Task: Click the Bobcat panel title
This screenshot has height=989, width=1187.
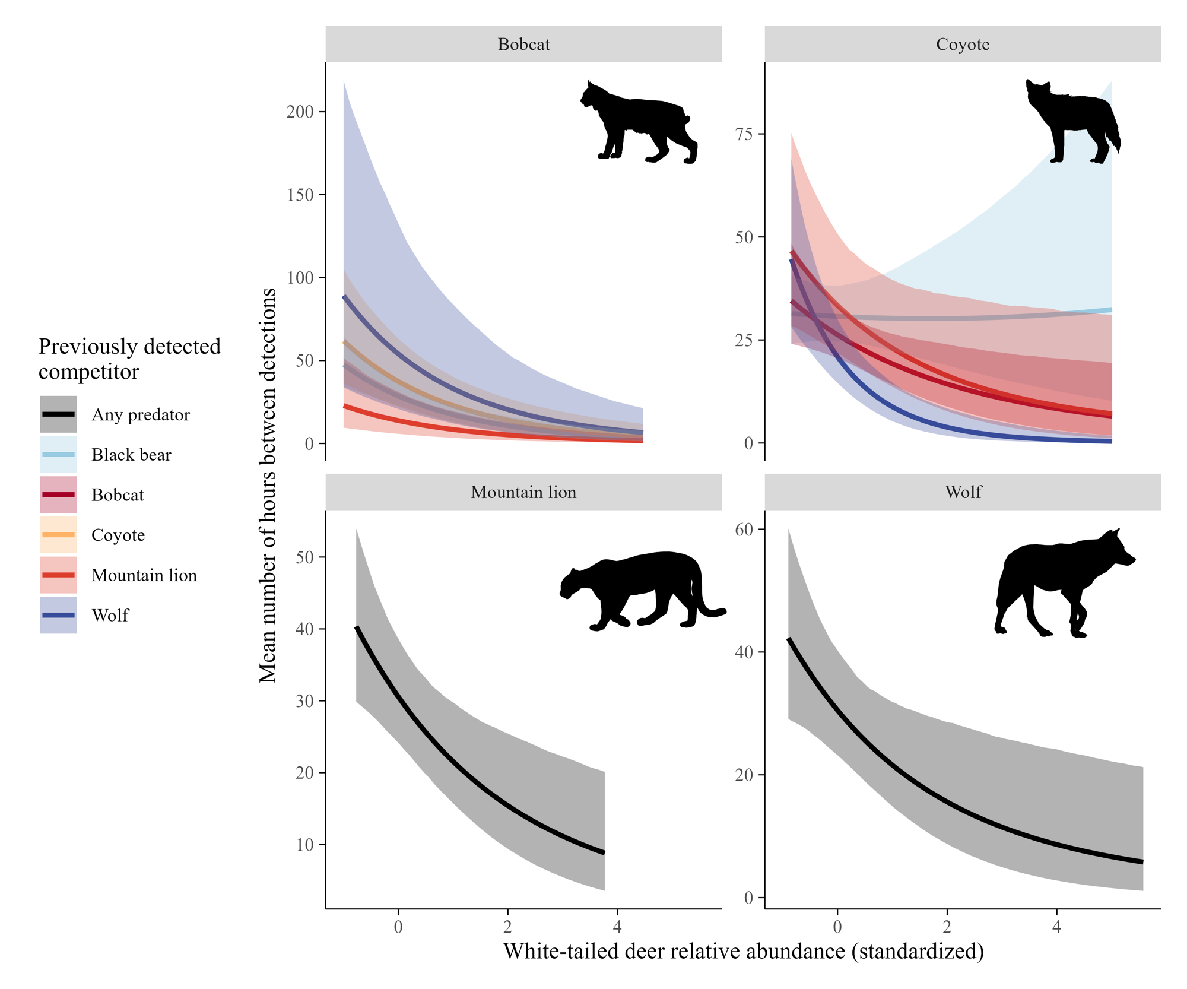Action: pyautogui.click(x=523, y=45)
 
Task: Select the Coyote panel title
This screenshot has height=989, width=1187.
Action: pyautogui.click(x=963, y=45)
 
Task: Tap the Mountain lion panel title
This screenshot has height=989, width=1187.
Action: pyautogui.click(x=523, y=492)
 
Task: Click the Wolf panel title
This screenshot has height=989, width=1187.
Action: pyautogui.click(x=963, y=492)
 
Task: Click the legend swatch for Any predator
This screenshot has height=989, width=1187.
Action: pyautogui.click(x=58, y=414)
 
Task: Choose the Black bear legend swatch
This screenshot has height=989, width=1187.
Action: pyautogui.click(x=58, y=455)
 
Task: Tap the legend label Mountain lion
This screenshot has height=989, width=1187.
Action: pyautogui.click(x=144, y=575)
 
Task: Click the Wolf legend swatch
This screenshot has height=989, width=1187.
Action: pyautogui.click(x=58, y=615)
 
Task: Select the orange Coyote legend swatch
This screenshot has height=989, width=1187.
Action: pyautogui.click(x=58, y=535)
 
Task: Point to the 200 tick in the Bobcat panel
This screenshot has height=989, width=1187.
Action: pyautogui.click(x=300, y=112)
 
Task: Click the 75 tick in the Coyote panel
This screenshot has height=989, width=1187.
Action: pyautogui.click(x=744, y=134)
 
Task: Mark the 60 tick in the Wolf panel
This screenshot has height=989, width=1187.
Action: pyautogui.click(x=744, y=530)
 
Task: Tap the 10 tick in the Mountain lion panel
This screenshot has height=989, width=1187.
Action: pyautogui.click(x=305, y=845)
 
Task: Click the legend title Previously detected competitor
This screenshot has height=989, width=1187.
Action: pyautogui.click(x=129, y=359)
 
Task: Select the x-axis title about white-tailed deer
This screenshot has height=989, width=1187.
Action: pyautogui.click(x=744, y=951)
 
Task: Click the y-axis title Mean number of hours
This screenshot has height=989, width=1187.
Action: pyautogui.click(x=268, y=485)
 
